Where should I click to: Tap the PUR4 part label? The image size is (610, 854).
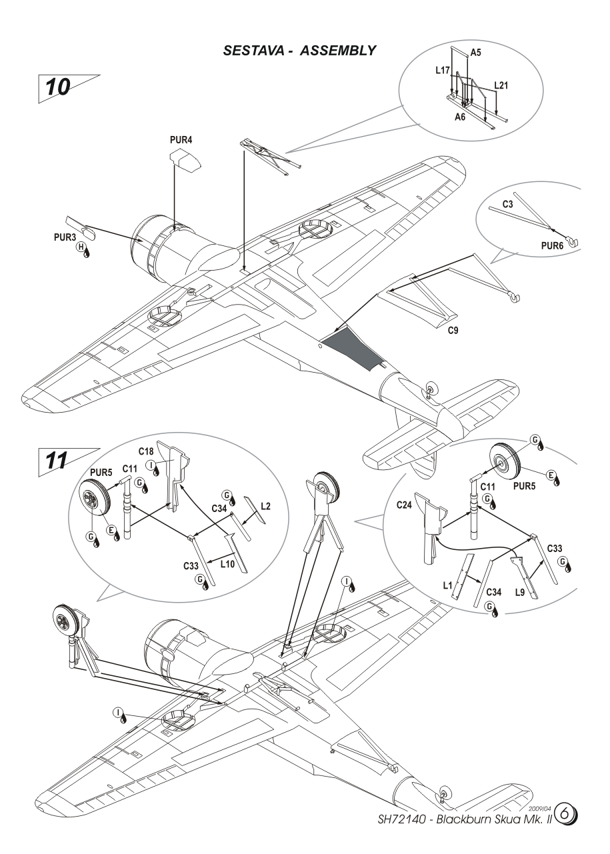[x=181, y=140]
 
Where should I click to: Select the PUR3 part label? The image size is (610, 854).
[x=65, y=237]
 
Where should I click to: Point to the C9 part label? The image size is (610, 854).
[x=453, y=331]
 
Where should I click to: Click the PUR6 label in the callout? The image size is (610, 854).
[x=552, y=246]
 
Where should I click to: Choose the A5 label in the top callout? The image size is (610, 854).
[x=475, y=53]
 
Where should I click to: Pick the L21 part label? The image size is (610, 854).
[x=501, y=85]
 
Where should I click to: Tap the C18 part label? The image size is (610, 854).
[x=145, y=451]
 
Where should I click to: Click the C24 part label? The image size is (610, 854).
[x=404, y=505]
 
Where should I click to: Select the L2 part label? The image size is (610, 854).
[x=266, y=506]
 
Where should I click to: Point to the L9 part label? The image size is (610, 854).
[x=519, y=592]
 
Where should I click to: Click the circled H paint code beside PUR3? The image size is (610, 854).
[x=81, y=247]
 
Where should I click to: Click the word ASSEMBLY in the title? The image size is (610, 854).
[x=338, y=51]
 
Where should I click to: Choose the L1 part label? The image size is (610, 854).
[x=447, y=585]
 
